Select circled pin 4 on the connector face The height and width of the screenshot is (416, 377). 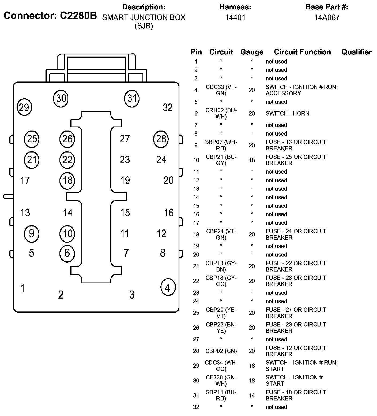[168, 288]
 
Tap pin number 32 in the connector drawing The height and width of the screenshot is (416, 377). [168, 107]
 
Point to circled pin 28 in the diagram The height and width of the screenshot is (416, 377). [161, 139]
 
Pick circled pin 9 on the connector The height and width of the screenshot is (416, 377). [32, 233]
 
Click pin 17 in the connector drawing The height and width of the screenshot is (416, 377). [25, 180]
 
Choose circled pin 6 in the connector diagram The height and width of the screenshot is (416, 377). [67, 253]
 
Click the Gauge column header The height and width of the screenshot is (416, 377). [252, 52]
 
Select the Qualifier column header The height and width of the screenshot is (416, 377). [356, 52]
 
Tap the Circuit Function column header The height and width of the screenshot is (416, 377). [302, 52]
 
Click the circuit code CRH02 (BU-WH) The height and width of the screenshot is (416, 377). [221, 113]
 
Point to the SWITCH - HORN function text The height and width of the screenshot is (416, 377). [287, 113]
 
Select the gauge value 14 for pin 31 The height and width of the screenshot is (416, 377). [252, 395]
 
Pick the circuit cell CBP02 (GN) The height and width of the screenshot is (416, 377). [221, 351]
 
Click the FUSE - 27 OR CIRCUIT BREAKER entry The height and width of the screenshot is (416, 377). [296, 313]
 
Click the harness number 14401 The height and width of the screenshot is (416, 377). [235, 18]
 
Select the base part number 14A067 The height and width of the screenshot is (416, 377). [327, 18]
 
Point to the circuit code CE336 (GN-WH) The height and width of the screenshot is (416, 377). [221, 380]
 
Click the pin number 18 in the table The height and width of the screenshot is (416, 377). [196, 235]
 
